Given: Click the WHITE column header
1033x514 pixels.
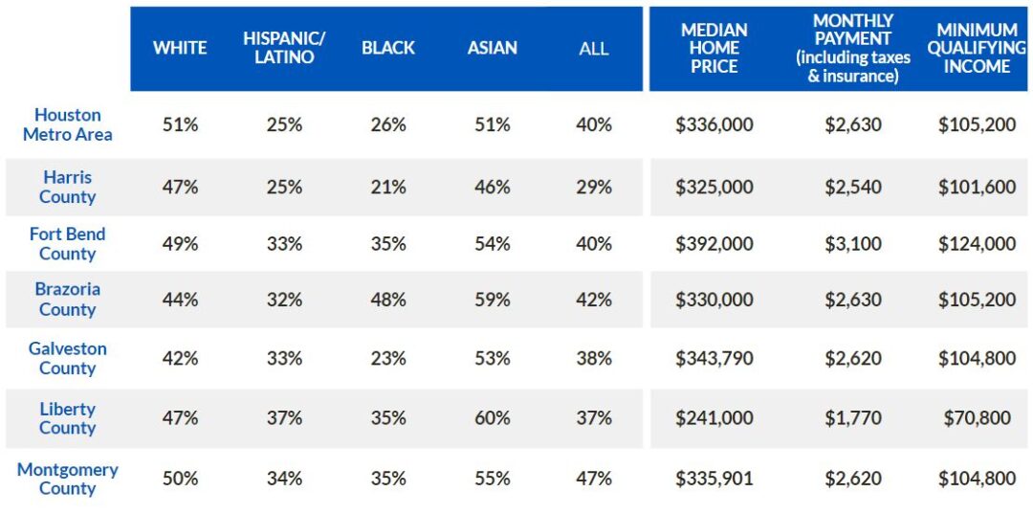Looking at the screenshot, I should click(180, 49).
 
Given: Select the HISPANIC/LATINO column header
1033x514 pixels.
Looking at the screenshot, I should click(284, 48).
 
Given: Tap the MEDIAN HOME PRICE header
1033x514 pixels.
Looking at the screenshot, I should click(714, 49).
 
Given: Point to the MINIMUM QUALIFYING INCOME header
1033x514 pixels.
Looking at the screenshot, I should click(977, 49).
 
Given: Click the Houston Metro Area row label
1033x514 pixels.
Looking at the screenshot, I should click(67, 124).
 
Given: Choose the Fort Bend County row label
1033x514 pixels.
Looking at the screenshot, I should click(67, 244).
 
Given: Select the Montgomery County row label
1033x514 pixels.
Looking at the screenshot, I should click(67, 479).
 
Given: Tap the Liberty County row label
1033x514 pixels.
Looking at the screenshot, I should click(67, 418).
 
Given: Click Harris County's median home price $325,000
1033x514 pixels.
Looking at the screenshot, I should click(714, 188).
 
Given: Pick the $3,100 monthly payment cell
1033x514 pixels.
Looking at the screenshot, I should click(853, 244).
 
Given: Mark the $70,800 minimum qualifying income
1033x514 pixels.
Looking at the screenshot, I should click(977, 418).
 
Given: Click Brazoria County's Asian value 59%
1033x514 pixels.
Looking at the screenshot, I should click(492, 300).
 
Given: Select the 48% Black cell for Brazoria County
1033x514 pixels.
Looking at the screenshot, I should click(388, 300).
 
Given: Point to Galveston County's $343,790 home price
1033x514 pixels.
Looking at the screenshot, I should click(714, 359).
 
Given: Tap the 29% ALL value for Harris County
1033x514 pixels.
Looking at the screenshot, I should click(594, 188).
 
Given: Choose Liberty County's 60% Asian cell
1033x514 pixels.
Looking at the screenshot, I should click(492, 418).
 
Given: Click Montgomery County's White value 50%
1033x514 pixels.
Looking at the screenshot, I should click(180, 479).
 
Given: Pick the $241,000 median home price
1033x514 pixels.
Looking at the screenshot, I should click(714, 418).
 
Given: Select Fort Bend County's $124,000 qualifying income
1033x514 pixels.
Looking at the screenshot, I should click(977, 244).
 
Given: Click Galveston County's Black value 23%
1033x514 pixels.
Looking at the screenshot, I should click(388, 359).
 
